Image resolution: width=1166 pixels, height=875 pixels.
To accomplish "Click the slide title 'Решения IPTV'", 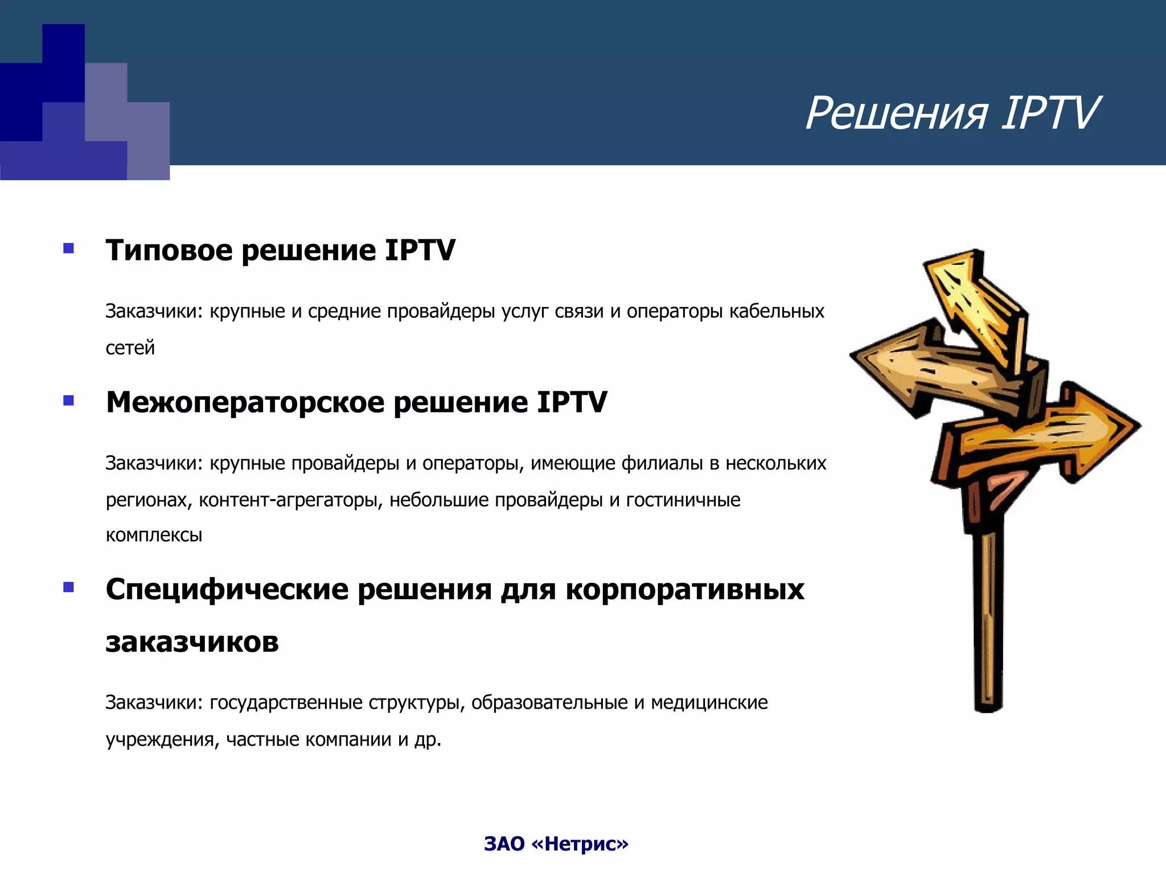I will [x=952, y=113].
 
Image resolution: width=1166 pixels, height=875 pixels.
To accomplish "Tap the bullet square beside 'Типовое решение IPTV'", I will [x=69, y=248].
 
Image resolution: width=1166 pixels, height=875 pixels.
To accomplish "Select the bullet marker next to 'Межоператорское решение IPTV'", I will [x=69, y=400].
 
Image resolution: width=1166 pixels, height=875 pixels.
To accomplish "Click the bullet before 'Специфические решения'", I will [x=69, y=587].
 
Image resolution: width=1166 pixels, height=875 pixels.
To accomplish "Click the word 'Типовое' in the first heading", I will [x=169, y=250].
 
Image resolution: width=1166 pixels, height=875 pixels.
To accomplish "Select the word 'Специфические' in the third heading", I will [x=227, y=590].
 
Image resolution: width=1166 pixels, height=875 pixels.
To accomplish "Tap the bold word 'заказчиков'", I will [x=192, y=642].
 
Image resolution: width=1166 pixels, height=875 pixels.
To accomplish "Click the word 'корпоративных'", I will [x=684, y=590].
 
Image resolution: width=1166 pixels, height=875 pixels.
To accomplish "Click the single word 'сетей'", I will [x=130, y=347].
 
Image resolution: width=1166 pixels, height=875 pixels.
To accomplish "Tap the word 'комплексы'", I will [x=154, y=535].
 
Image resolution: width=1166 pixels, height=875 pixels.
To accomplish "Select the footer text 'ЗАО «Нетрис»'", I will [x=556, y=844].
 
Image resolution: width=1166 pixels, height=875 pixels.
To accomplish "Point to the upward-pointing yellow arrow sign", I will [x=974, y=302].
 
